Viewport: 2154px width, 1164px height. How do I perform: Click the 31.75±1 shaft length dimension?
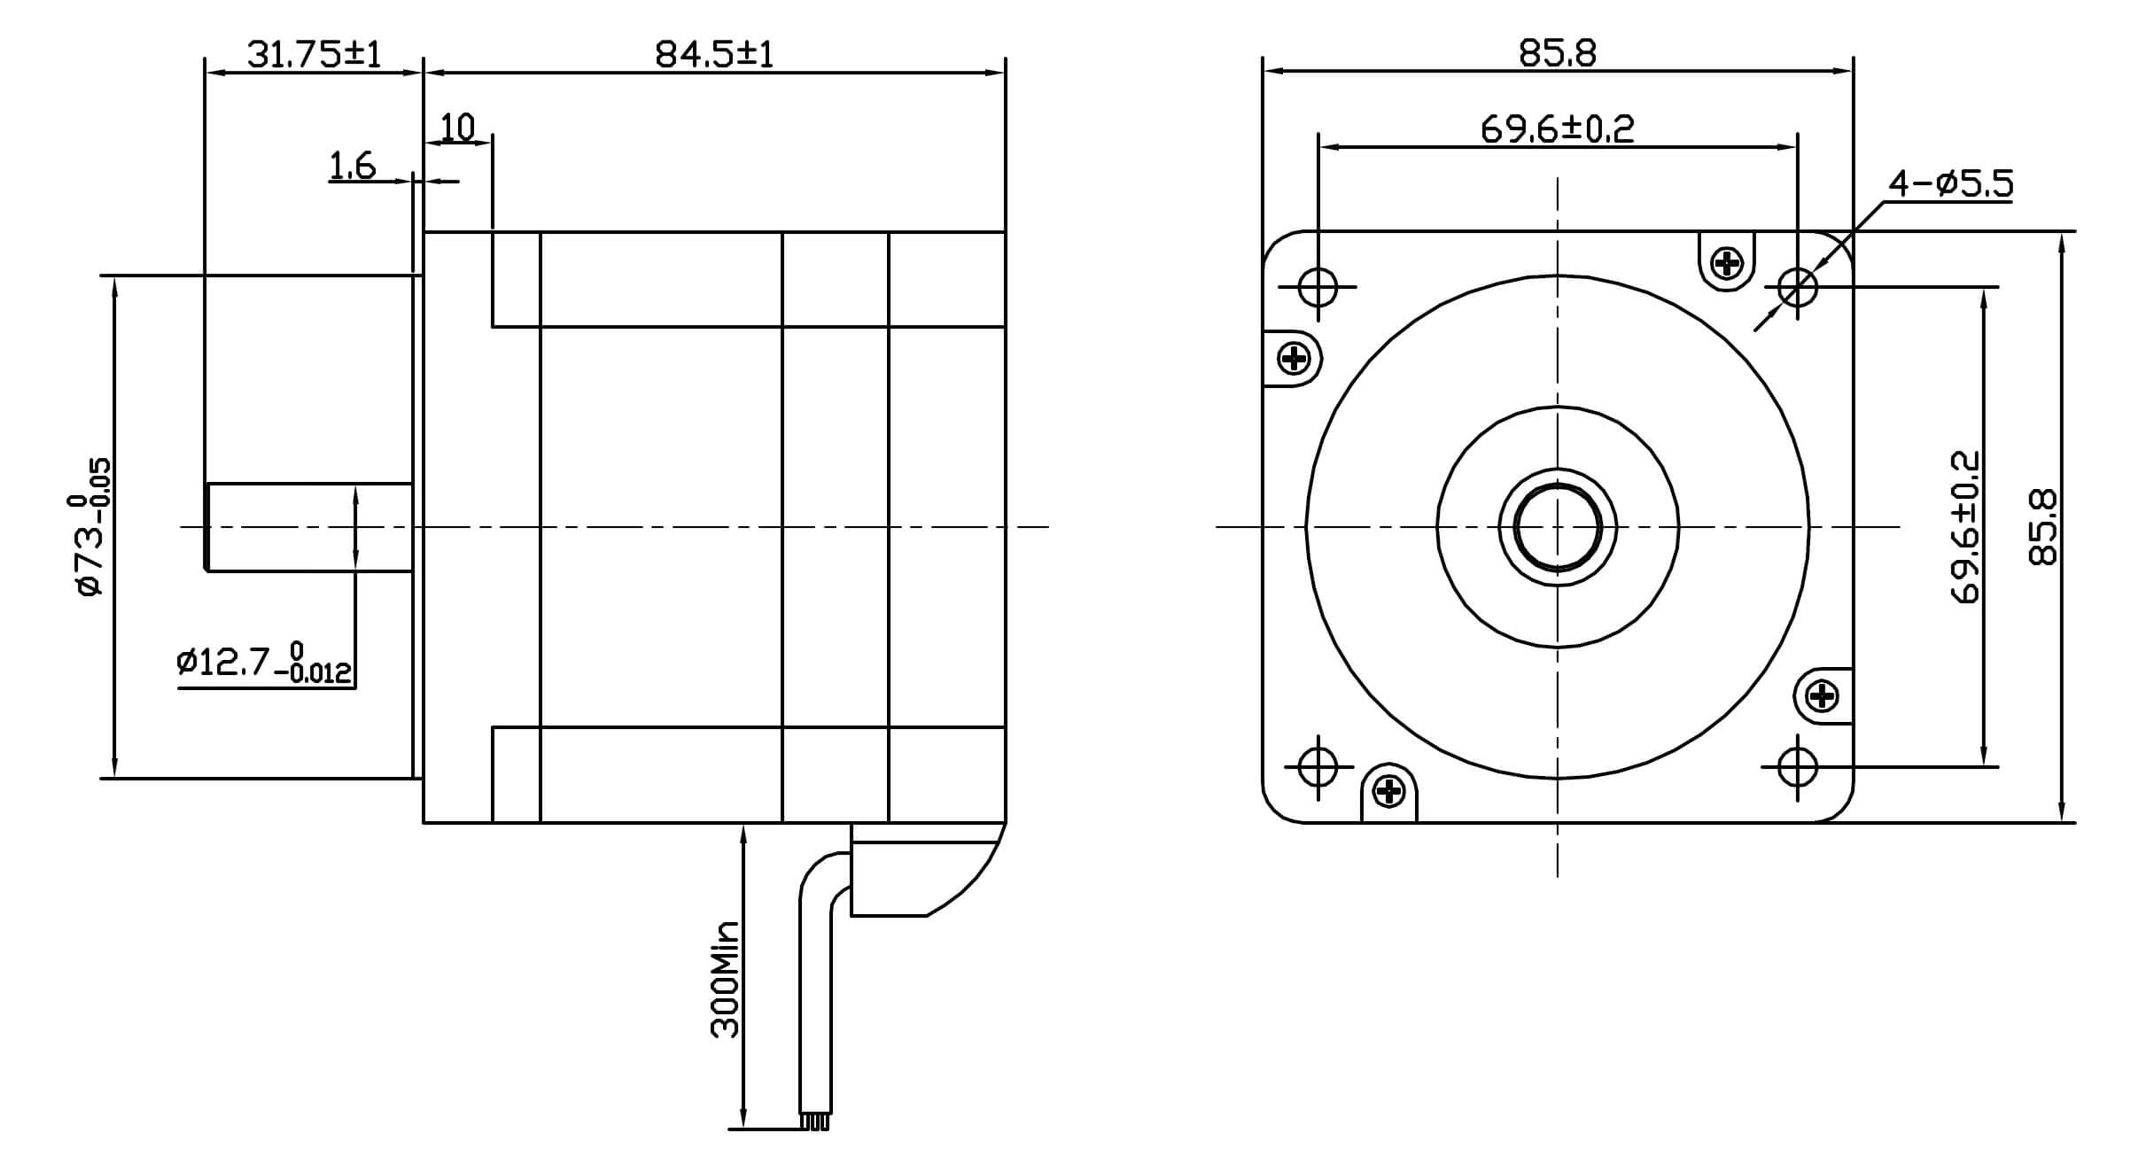click(314, 55)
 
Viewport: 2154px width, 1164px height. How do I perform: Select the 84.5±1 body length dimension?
click(714, 55)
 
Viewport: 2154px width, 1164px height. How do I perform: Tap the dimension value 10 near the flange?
click(458, 128)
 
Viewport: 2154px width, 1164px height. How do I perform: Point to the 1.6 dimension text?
click(353, 166)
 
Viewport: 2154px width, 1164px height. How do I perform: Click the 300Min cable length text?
click(725, 979)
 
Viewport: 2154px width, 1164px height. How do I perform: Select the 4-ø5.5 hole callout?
click(1950, 183)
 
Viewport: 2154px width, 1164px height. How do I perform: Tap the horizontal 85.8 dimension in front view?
click(1557, 54)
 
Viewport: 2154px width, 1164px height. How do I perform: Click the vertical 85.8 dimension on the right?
click(2043, 527)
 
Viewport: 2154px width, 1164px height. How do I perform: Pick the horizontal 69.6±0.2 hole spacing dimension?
click(1557, 129)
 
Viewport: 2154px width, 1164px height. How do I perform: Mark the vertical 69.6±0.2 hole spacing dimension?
click(1964, 527)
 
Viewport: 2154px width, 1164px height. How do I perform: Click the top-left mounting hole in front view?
click(1318, 287)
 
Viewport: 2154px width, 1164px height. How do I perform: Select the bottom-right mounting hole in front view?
click(1797, 766)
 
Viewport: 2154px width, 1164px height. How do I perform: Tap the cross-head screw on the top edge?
click(1727, 262)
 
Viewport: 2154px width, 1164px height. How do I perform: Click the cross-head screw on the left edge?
click(1295, 359)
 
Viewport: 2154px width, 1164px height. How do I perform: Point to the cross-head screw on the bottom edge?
click(1389, 791)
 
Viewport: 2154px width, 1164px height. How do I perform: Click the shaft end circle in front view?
click(1557, 528)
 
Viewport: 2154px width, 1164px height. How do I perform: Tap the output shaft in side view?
click(309, 528)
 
